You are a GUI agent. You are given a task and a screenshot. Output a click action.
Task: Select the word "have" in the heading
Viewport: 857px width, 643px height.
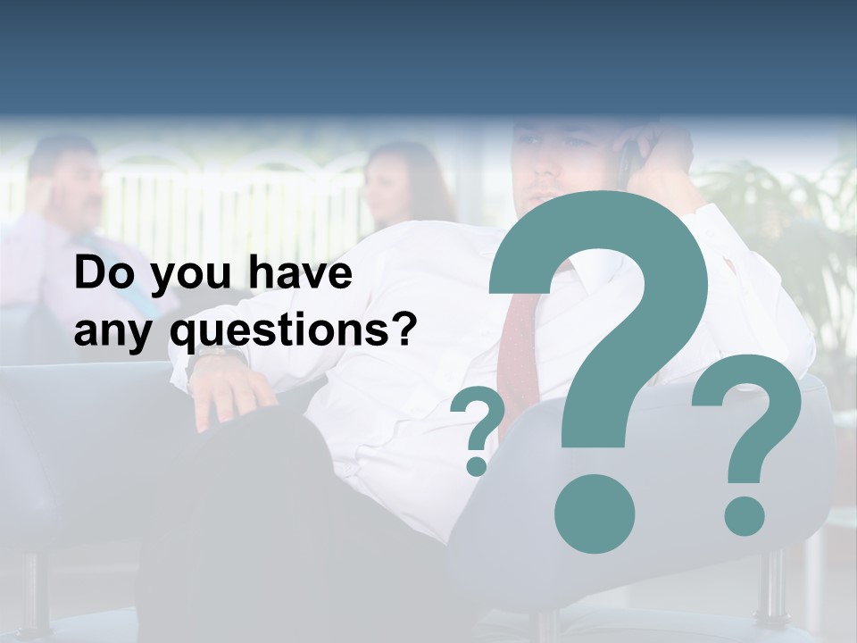pos(300,274)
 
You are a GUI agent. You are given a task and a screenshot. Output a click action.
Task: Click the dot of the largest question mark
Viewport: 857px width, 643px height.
pos(594,513)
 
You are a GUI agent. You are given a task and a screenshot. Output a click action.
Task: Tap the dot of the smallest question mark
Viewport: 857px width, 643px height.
pos(478,465)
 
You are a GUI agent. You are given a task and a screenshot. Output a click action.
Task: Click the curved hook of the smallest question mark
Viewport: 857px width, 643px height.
pos(480,415)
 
